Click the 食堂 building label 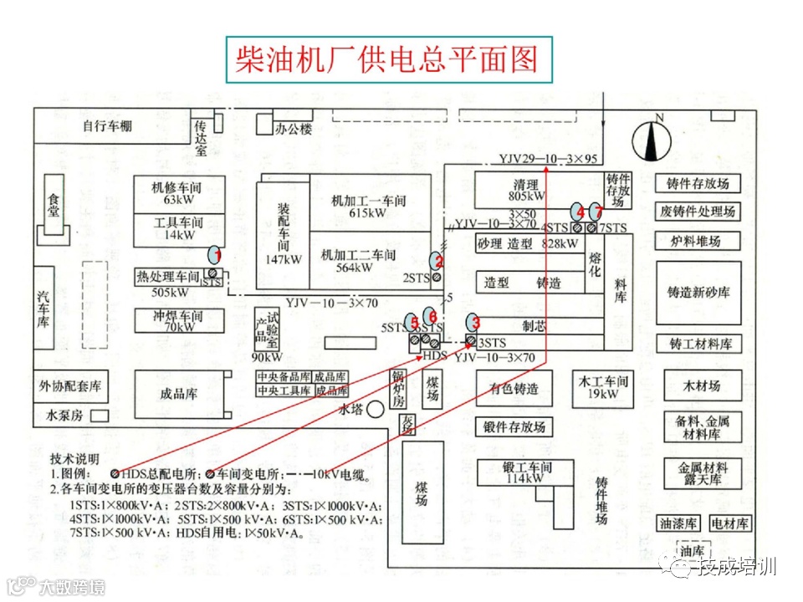point(54,204)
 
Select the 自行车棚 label point(107,126)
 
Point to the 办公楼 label point(294,129)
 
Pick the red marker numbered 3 point(474,321)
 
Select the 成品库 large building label point(179,394)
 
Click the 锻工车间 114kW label point(527,472)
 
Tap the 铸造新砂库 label point(698,293)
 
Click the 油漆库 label point(678,524)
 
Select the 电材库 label point(730,524)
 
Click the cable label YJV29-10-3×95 point(548,159)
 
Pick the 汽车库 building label point(43,309)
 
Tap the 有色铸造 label point(514,388)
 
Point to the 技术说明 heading point(74,459)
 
